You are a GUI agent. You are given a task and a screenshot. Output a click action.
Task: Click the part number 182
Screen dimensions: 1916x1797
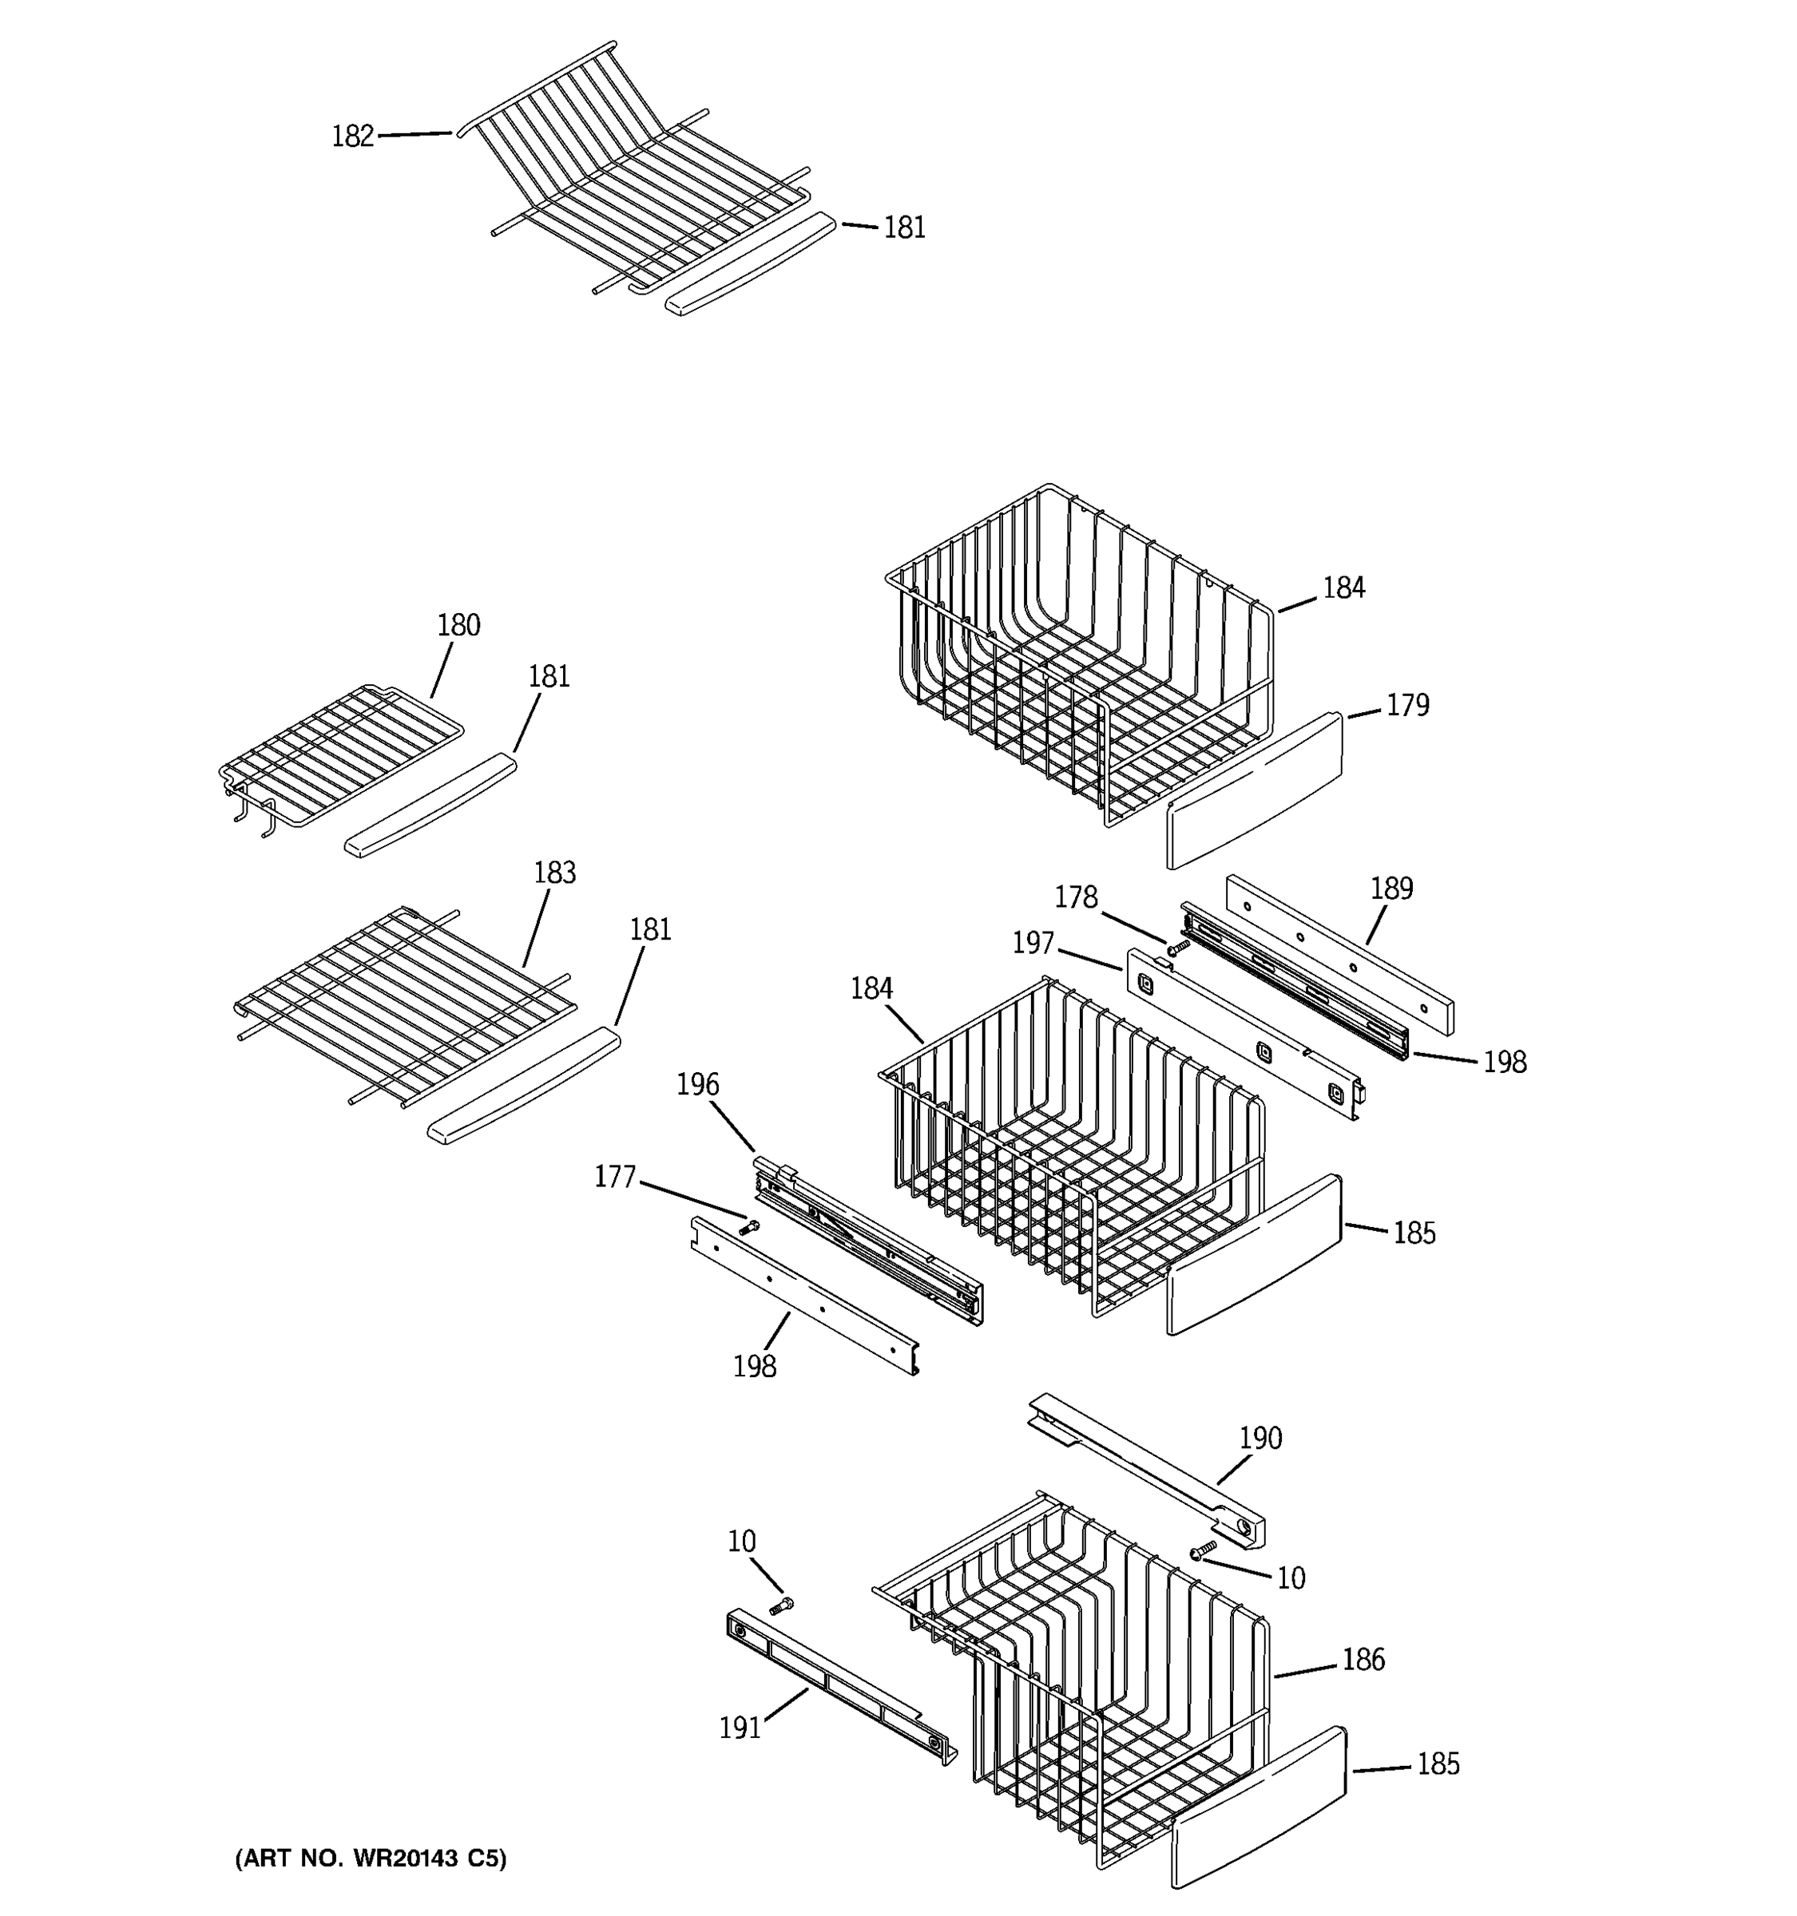pos(352,137)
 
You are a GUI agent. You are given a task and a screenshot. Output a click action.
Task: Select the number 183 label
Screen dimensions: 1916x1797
pos(554,873)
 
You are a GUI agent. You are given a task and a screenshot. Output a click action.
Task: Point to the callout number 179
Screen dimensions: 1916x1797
pos(1406,706)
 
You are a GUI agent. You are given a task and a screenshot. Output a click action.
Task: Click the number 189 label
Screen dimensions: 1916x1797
pos(1391,888)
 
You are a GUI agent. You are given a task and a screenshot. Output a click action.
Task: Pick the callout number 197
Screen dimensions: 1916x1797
pos(1033,943)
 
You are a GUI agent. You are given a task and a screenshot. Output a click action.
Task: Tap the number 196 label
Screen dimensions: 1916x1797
pos(697,1084)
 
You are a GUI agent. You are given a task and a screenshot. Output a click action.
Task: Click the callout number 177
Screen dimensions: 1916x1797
pos(614,1177)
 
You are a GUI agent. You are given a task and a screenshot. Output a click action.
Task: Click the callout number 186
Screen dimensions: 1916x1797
pos(1363,1659)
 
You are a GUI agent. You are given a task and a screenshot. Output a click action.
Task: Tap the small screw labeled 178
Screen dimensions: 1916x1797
pos(1173,950)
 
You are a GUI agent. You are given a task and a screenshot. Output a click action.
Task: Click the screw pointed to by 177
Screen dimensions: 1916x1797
pos(749,1227)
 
